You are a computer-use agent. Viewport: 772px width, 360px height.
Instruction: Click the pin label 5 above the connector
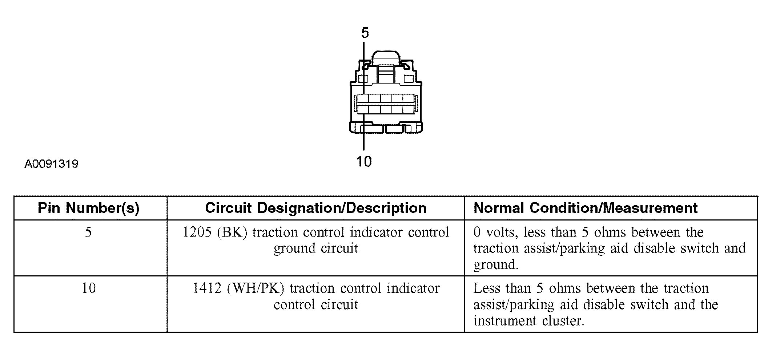point(365,33)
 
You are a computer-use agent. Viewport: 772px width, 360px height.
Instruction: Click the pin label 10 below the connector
point(364,161)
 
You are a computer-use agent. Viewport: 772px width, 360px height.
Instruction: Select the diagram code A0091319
point(52,164)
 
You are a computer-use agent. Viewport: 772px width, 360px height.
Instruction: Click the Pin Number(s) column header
point(89,208)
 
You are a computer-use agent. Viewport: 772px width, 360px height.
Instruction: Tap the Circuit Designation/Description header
point(315,208)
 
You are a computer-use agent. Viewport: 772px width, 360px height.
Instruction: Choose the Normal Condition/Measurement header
point(586,208)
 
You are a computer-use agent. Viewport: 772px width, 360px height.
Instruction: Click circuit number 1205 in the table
point(197,232)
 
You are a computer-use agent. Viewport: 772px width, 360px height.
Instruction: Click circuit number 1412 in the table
point(207,288)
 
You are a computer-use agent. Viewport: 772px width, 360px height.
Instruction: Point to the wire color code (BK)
point(232,232)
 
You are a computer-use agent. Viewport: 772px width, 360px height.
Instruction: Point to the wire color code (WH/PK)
point(256,288)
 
